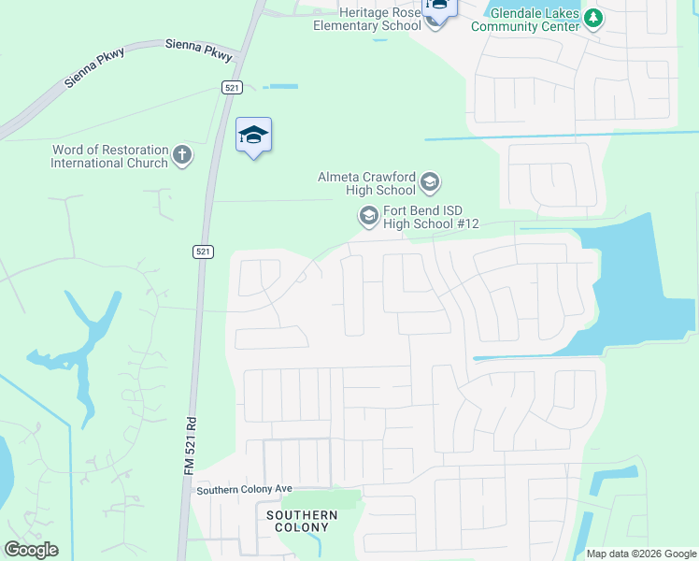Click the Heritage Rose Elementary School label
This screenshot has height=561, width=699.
(x=367, y=19)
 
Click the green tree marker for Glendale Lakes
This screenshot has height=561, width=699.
(x=592, y=18)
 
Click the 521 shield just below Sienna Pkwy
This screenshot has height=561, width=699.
(x=233, y=87)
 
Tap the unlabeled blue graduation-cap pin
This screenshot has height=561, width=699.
(x=253, y=136)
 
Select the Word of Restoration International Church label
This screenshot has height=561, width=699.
(x=109, y=156)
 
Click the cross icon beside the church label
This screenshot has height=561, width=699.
(x=182, y=155)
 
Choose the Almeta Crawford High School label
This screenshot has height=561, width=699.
(x=367, y=183)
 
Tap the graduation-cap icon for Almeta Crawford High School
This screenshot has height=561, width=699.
(x=430, y=180)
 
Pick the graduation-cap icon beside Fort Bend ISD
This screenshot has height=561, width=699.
(x=368, y=216)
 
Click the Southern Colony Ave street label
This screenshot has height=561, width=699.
(x=244, y=489)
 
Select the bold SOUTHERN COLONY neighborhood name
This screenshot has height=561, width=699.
(x=302, y=521)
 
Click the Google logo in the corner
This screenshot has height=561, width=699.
(x=31, y=550)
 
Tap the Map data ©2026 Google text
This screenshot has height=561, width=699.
(x=640, y=554)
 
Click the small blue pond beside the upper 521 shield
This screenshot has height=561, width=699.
(x=281, y=87)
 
